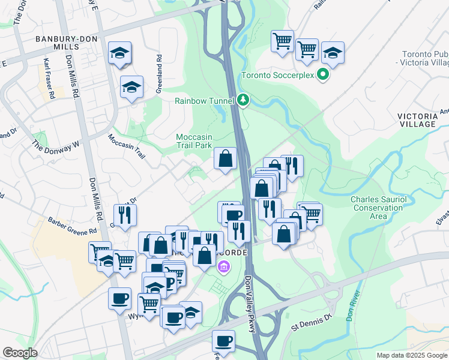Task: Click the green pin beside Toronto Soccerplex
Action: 324,76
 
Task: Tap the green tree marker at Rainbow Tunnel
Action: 243,100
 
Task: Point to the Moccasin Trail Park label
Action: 203,141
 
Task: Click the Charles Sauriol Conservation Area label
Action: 378,208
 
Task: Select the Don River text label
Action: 354,307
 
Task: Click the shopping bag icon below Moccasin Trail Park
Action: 226,159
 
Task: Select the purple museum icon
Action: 223,268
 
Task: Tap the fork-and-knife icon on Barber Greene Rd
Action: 125,215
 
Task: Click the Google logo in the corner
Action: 20,352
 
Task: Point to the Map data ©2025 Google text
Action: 411,355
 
